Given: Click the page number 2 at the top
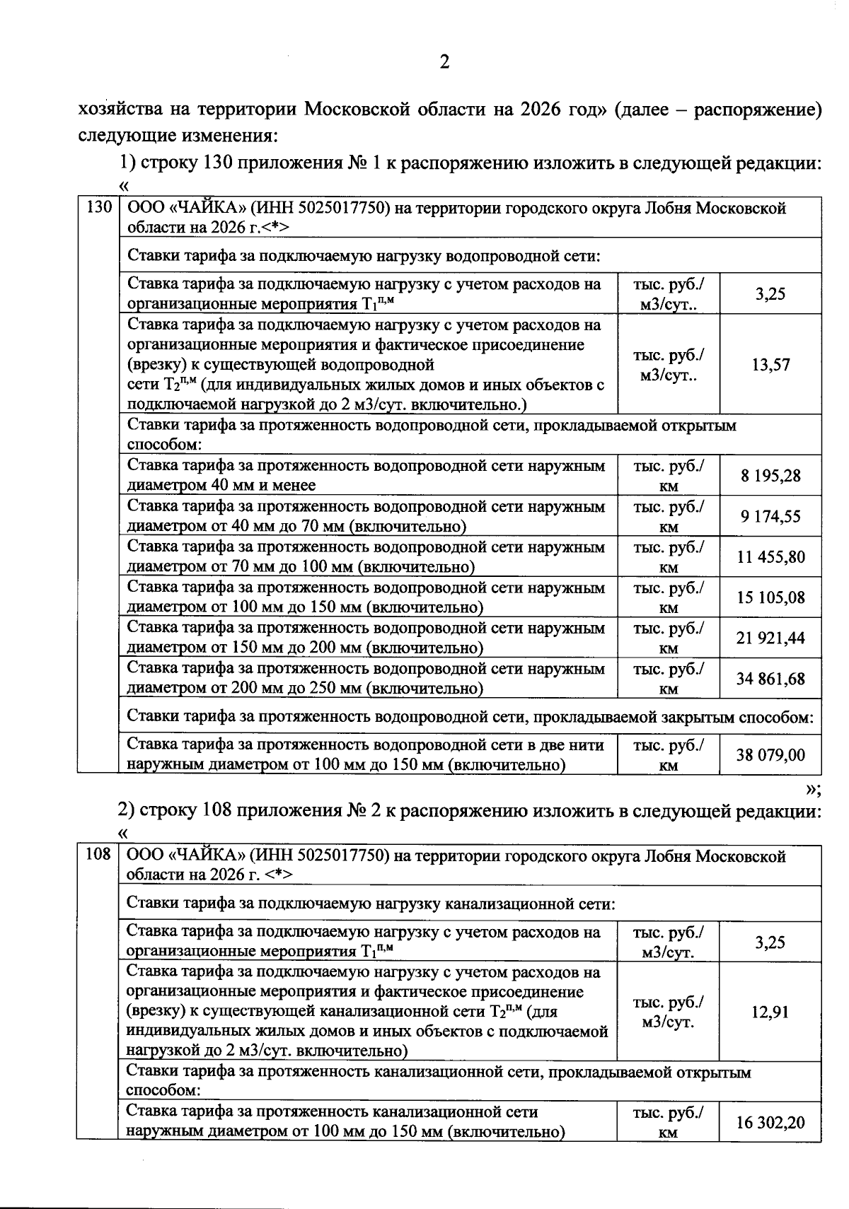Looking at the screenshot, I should pos(444,63).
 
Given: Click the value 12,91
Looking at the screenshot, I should pos(770,1012).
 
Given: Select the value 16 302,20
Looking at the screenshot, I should pos(770,1121).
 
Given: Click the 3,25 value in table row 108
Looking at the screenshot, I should pos(770,942).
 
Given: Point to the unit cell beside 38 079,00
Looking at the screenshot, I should pos(668,755).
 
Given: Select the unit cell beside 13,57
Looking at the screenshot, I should pos(668,366).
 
